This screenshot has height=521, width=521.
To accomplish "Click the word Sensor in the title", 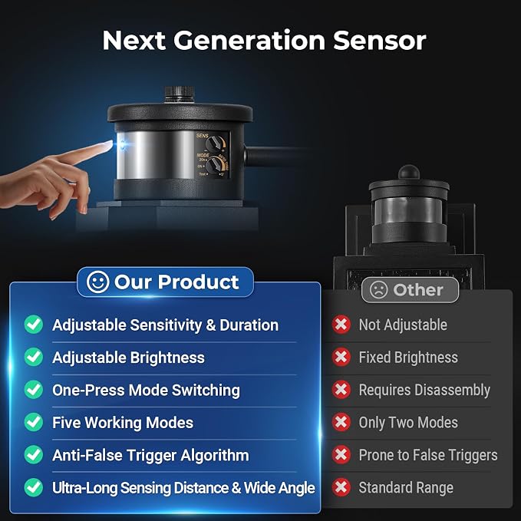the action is (x=380, y=41).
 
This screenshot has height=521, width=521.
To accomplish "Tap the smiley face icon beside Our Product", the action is (x=97, y=282).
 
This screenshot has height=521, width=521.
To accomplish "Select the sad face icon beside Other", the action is (x=378, y=290).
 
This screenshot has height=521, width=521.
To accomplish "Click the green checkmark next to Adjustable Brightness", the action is (x=34, y=358).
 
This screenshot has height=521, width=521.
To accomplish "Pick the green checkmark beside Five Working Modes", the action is (x=34, y=422).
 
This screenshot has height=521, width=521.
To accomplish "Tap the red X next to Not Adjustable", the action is (x=341, y=325).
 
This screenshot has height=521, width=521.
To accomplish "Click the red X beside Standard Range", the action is (x=341, y=487).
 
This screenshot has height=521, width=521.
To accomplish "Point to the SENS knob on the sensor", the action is (x=213, y=144).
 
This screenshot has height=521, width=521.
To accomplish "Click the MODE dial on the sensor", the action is (x=214, y=164).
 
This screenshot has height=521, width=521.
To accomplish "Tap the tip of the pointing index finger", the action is (x=111, y=143).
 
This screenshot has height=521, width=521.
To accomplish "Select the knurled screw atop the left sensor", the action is (x=180, y=94).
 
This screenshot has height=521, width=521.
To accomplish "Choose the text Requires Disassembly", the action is (x=424, y=391).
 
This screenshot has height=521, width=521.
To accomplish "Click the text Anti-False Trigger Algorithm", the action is (x=150, y=455).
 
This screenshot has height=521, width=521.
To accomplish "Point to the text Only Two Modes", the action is (x=408, y=423).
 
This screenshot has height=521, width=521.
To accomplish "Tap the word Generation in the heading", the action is (x=249, y=41).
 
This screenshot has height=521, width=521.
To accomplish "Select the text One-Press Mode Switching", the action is (x=147, y=391).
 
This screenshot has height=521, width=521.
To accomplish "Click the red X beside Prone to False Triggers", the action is (x=341, y=455).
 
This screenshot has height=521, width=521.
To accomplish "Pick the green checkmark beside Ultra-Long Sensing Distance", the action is (x=34, y=487).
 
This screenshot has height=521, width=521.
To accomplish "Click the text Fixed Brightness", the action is (x=408, y=358).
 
